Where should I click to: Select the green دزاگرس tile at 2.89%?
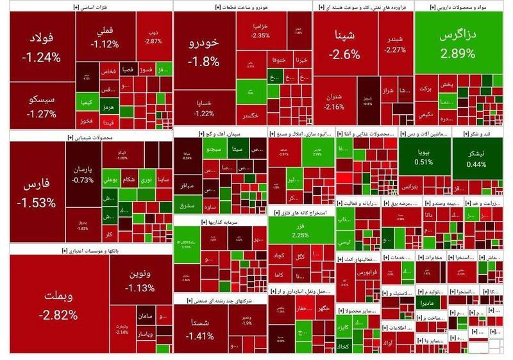tap(455, 45)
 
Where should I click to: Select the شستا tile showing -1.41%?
tap(202, 329)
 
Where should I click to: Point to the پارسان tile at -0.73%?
tap(82, 175)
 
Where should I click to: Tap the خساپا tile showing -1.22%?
tap(205, 108)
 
